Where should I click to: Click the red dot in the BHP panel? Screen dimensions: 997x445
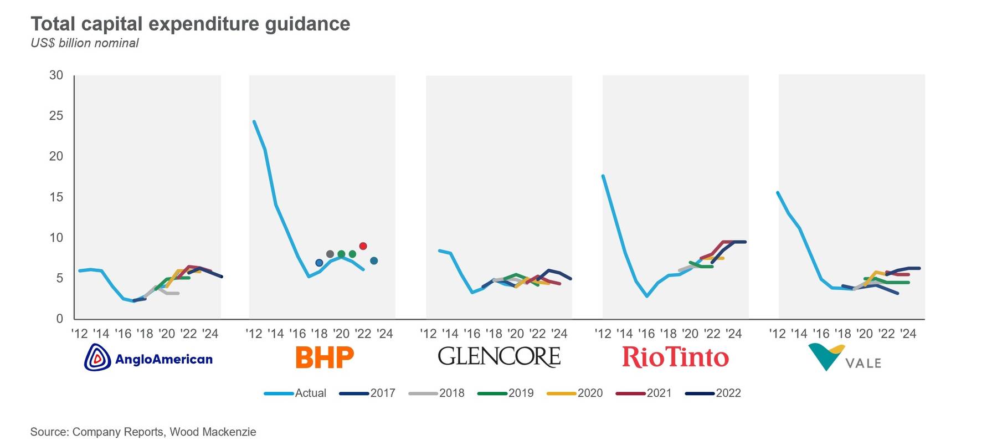pos(363,246)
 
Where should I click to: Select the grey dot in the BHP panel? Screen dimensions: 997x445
pos(330,254)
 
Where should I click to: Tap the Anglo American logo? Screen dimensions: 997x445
pos(148,357)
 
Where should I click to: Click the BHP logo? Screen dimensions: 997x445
pos(325,357)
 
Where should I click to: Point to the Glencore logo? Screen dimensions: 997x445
pos(499,357)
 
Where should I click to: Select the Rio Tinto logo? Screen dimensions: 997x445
pos(675,357)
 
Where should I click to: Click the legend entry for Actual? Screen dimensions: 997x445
pos(295,393)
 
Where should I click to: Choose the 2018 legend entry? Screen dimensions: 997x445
pos(436,393)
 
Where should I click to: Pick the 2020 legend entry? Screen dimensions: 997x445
pos(574,393)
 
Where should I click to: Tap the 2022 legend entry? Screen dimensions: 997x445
pos(713,393)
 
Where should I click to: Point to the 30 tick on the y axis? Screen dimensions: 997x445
pos(56,75)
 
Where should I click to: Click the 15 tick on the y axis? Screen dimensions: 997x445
pos(56,197)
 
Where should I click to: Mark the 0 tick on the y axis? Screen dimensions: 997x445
pos(59,319)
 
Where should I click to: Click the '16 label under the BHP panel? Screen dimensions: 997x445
pos(297,334)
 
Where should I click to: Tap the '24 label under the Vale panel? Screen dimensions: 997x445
pos(908,334)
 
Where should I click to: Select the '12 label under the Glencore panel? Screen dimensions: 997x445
pos(428,334)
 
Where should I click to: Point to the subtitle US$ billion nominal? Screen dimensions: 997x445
pos(85,43)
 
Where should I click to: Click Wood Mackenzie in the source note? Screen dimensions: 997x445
pos(213,432)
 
